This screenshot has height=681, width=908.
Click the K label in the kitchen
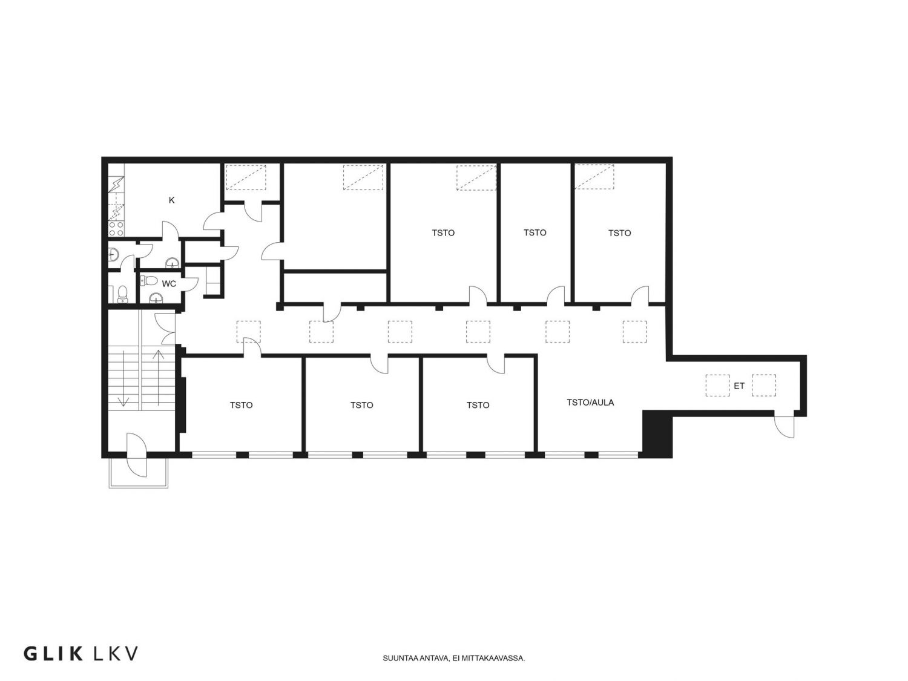[172, 200]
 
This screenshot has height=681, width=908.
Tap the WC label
[169, 284]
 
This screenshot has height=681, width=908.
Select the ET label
[739, 386]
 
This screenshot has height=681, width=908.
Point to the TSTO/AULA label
[590, 403]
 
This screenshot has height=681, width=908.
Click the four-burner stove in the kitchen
[116, 229]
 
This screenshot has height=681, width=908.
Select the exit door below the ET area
[785, 426]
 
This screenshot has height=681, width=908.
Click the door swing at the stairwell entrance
[137, 455]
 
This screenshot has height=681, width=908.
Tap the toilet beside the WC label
[148, 281]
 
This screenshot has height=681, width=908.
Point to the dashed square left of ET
[717, 386]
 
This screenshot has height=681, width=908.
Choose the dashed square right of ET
[764, 386]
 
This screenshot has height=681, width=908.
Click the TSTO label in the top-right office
[619, 233]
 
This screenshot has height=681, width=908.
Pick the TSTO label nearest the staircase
[241, 405]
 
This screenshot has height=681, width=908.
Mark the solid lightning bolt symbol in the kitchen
[117, 185]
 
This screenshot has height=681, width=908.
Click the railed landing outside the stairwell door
[139, 473]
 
